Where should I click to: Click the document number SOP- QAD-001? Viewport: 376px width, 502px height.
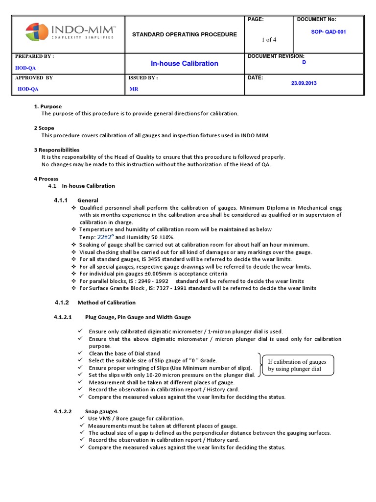coord(329,32)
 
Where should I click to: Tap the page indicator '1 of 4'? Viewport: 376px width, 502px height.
coord(269,40)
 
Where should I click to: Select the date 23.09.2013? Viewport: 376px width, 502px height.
coord(304,83)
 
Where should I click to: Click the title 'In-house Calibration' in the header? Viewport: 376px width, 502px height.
coord(184,63)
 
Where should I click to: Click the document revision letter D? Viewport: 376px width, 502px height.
coord(304,63)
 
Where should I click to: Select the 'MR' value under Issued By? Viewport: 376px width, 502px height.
coord(134,89)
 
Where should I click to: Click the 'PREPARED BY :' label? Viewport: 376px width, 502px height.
coord(34,56)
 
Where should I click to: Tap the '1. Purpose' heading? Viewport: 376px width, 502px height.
coord(47,106)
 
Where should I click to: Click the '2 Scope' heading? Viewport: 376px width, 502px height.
coord(44,128)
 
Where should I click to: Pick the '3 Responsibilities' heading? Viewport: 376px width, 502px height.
coord(56,150)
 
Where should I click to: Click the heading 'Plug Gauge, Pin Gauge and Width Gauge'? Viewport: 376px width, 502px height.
coord(138,317)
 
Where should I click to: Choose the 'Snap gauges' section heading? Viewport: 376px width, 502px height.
coord(101,411)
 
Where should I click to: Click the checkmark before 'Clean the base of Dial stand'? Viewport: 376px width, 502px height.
coord(80,353)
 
